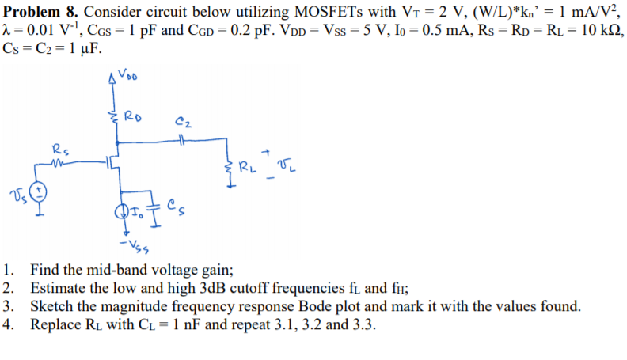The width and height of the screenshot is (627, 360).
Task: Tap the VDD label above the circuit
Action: click(x=131, y=77)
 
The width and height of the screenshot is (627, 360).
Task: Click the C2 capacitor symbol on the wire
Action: click(x=184, y=143)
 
